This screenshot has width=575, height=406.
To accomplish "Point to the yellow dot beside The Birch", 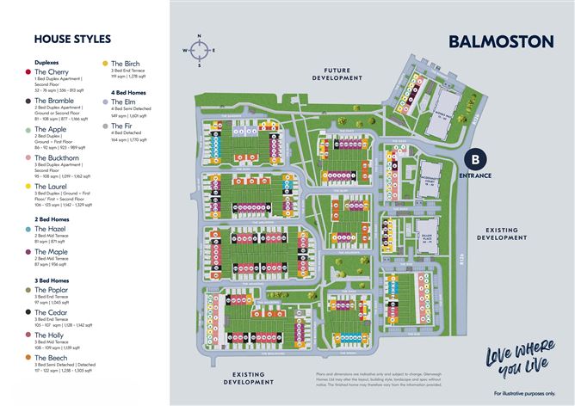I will tap(105, 63).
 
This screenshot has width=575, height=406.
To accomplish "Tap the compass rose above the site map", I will tap(200, 51).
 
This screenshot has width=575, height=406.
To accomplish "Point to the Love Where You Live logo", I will tap(515, 362).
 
